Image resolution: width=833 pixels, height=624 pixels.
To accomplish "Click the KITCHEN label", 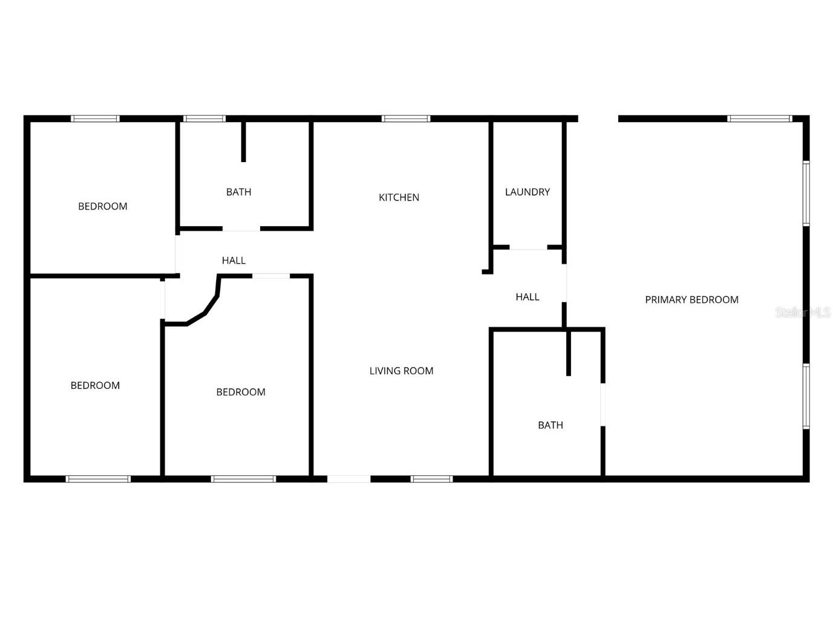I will [399, 197].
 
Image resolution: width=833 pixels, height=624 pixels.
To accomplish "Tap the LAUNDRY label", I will [527, 192].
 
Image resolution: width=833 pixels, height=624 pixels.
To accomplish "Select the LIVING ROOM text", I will [401, 371].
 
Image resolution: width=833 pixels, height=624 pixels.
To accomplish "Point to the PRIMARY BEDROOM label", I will [691, 299].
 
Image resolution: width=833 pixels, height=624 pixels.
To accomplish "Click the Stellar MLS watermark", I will [803, 313].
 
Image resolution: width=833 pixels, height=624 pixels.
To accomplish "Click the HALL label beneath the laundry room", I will [527, 297].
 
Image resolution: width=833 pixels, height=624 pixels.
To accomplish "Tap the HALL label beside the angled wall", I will [234, 261].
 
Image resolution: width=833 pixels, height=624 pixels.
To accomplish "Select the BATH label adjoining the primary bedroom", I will [550, 425].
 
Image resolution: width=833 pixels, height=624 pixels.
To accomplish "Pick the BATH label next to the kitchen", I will [238, 192].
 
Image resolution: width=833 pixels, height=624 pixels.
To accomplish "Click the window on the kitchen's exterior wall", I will [406, 119].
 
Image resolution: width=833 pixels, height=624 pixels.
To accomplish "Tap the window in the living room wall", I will [431, 479].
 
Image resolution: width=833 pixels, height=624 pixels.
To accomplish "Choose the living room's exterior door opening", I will [348, 479].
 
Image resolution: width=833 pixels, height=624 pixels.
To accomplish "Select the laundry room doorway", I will [528, 247].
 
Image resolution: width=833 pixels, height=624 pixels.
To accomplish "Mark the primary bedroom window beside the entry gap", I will [759, 119].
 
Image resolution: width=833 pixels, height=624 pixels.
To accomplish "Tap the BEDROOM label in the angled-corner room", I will [241, 392].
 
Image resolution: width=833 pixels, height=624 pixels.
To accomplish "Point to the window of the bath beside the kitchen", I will [204, 119].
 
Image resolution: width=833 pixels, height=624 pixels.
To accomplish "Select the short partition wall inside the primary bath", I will [568, 353].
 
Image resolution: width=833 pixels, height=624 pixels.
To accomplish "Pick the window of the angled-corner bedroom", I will [243, 479].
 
